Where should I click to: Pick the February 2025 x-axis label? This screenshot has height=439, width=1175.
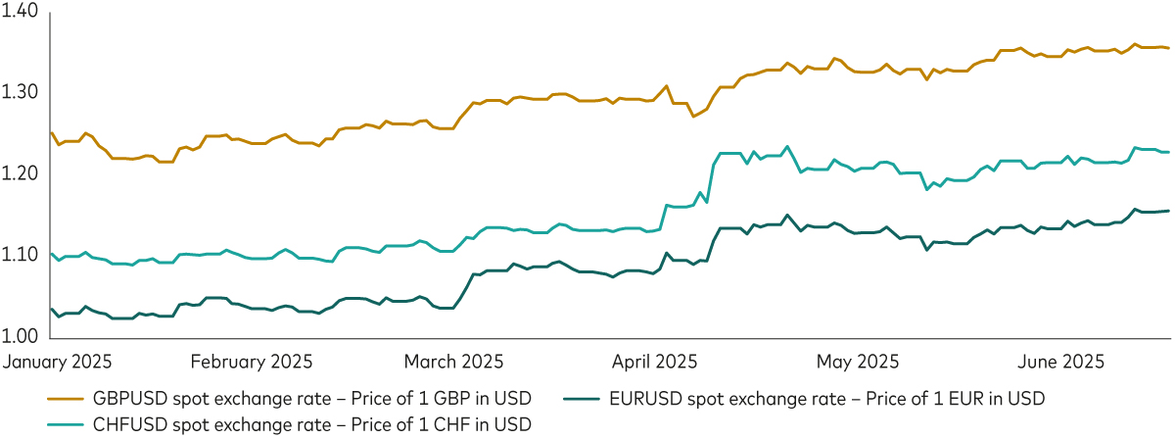pos(251,362)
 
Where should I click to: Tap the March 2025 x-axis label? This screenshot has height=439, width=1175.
pos(455,362)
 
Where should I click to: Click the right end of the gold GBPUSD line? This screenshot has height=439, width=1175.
pos(1168,47)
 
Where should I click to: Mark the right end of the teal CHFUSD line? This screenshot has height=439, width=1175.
pos(1168,152)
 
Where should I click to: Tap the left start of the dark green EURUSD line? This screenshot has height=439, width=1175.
pos(50,309)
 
